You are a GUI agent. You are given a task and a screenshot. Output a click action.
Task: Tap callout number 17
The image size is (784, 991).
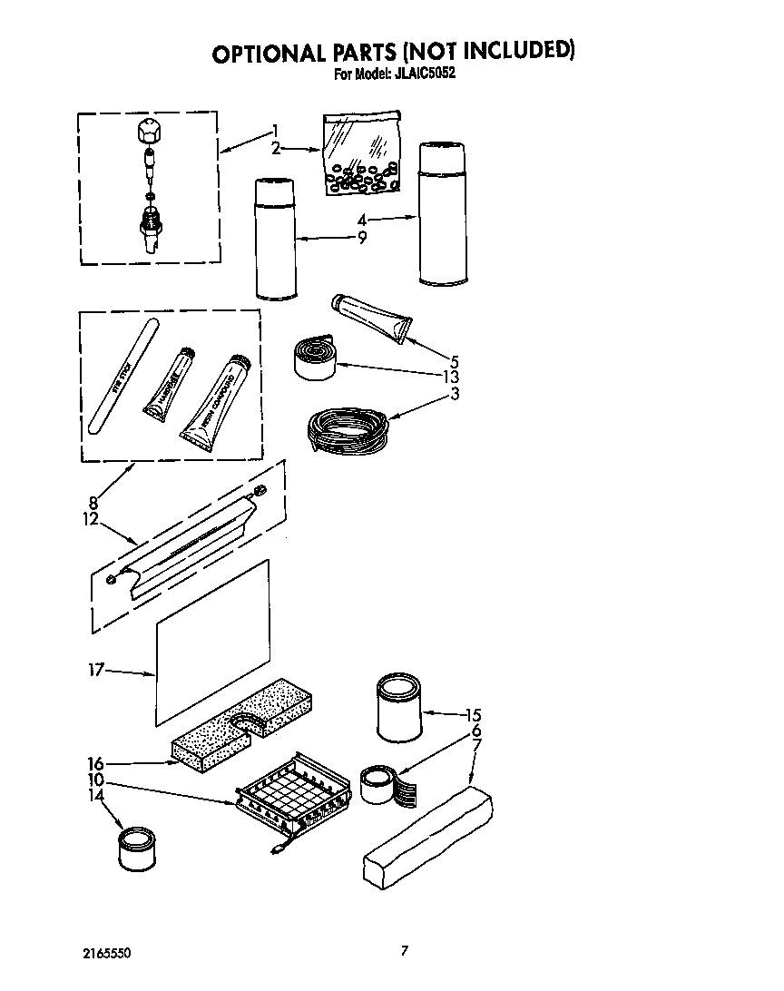[x=96, y=671]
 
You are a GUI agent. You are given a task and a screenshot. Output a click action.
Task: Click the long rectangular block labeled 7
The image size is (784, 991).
[x=427, y=836]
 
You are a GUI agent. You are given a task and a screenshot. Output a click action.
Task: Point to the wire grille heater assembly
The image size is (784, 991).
[x=292, y=799]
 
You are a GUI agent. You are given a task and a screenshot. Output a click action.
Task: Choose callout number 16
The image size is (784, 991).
[x=96, y=764]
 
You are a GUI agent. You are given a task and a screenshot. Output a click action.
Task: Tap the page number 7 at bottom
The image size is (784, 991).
[x=405, y=951]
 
